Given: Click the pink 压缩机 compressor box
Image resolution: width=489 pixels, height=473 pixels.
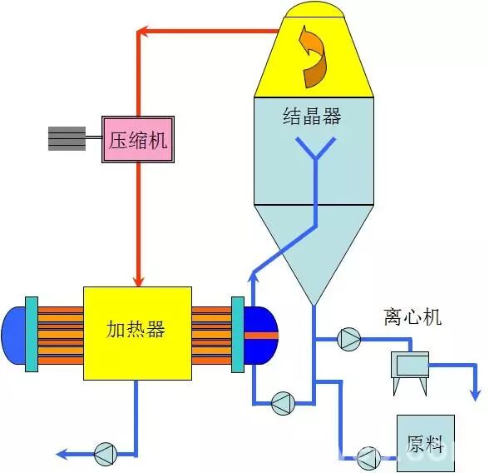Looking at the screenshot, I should (x=137, y=139).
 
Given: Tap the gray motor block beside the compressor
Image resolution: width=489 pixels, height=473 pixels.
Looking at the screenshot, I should (x=67, y=138).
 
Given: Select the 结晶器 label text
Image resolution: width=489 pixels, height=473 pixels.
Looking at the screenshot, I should (x=312, y=117).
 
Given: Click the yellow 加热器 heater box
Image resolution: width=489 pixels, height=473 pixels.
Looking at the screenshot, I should (x=137, y=331).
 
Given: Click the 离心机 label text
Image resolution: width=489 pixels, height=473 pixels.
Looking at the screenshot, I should (x=412, y=316).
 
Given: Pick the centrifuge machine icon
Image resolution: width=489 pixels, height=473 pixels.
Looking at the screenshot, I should (x=410, y=367).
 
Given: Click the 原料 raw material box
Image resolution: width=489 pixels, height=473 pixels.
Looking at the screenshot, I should (x=425, y=442).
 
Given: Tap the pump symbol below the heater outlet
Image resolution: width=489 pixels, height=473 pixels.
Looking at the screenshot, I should (x=106, y=454).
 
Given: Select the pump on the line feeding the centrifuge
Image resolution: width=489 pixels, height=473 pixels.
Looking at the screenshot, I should (x=348, y=338).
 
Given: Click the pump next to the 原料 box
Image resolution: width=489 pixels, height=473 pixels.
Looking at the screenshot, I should (x=368, y=456).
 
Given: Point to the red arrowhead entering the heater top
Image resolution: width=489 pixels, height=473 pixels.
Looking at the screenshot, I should (x=139, y=278).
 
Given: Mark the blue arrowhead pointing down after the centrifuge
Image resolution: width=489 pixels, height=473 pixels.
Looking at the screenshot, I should (x=476, y=393).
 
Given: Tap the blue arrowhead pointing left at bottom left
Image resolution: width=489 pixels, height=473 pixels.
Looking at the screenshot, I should (x=62, y=454).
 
